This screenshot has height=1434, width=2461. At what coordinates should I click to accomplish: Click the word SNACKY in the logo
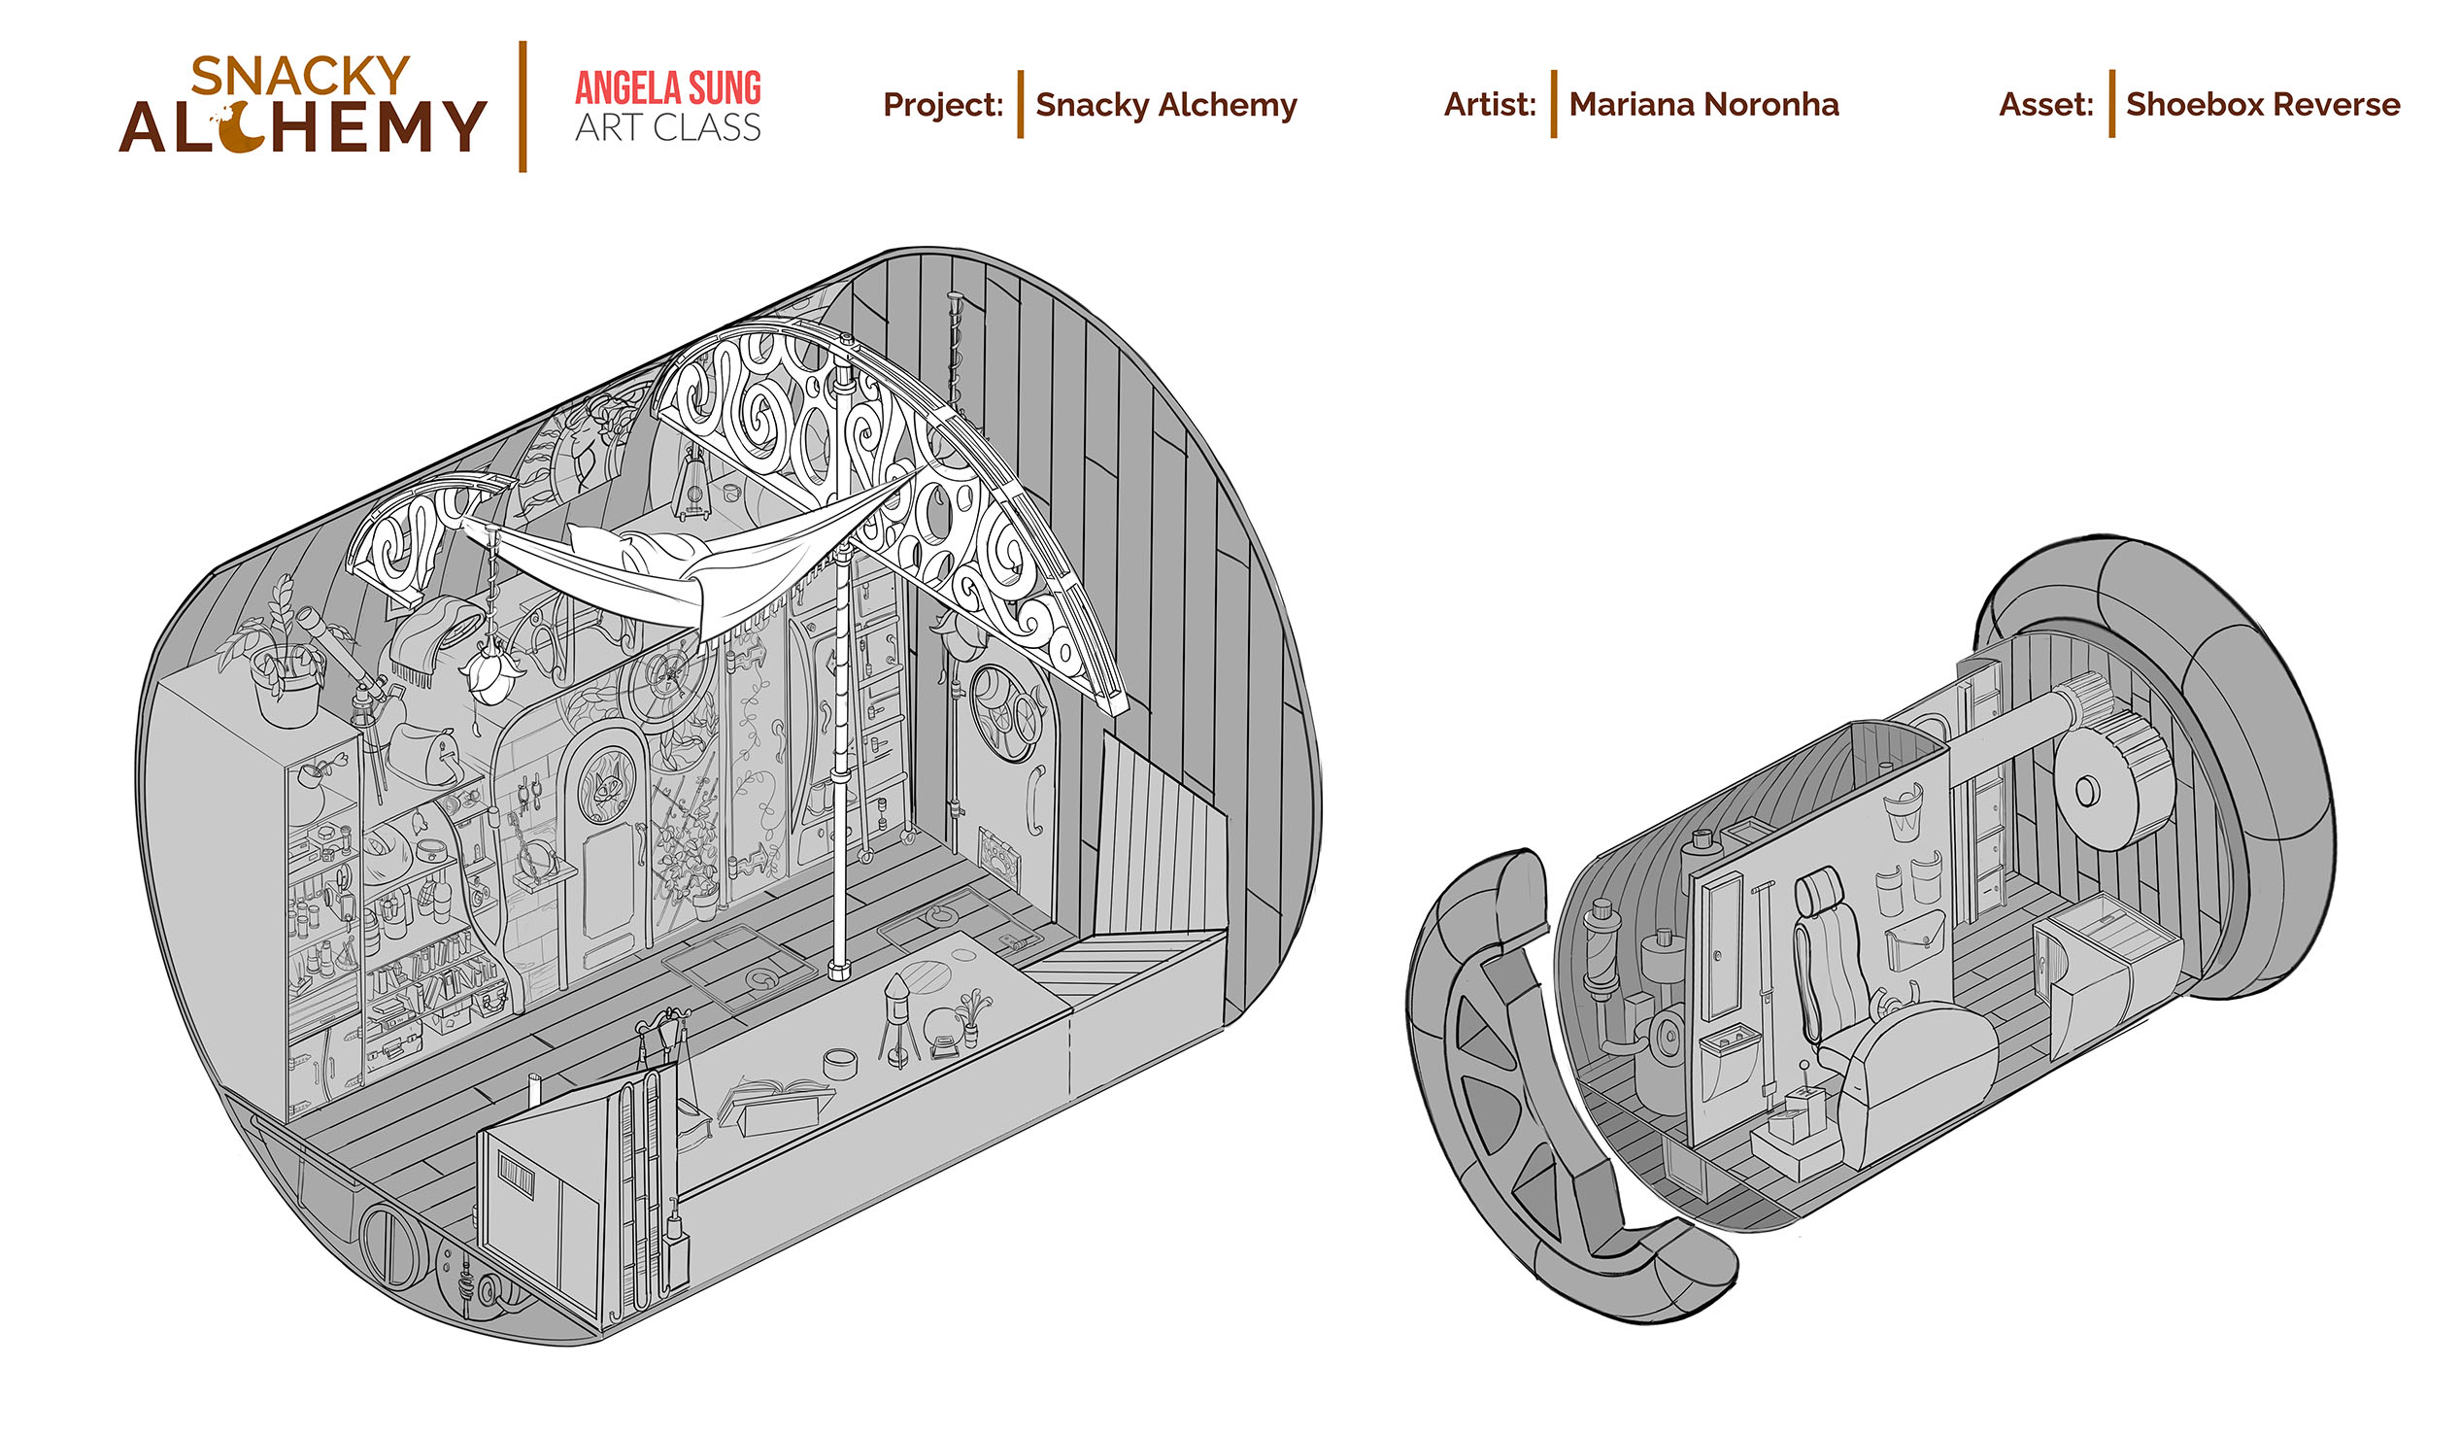(x=300, y=76)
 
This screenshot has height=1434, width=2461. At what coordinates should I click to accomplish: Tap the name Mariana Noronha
(x=1703, y=105)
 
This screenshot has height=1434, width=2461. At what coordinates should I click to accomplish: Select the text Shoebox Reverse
(x=2262, y=105)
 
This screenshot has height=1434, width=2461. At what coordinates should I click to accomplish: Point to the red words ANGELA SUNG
(x=668, y=87)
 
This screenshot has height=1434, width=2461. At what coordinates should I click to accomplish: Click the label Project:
(x=942, y=105)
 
